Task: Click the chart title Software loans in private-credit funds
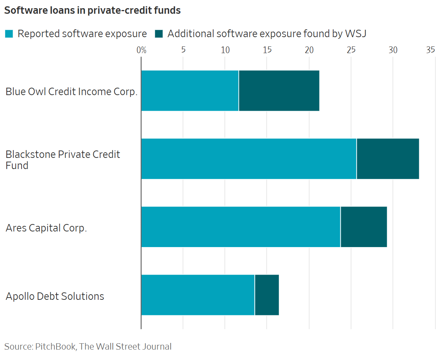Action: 92,11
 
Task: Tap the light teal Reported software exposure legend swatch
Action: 9,34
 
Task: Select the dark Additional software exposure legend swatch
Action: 159,34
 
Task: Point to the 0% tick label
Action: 141,50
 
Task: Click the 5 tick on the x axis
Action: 183,50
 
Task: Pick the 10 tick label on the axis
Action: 225,50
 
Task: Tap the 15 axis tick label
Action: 267,50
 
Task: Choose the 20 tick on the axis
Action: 309,50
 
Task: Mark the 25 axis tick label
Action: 351,50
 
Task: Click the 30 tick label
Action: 393,50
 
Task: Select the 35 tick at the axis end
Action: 430,50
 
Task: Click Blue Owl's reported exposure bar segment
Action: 190,91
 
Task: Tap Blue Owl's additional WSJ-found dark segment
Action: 279,91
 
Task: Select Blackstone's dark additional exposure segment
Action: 388,159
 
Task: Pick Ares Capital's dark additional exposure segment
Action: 363,227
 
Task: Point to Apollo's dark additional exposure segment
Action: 267,295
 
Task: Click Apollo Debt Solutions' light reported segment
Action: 198,295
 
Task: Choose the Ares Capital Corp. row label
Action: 46,228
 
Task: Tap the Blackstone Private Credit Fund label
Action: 62,160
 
